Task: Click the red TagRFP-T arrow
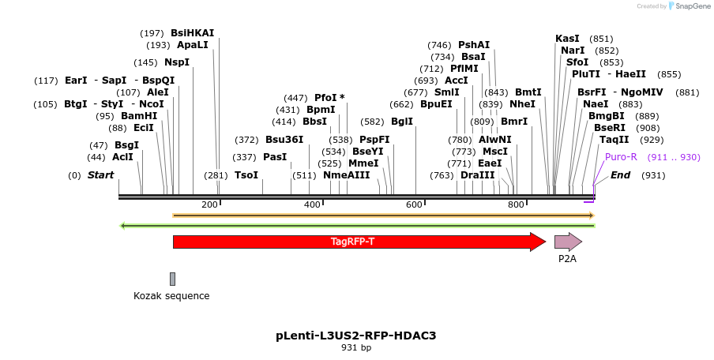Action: tap(355, 242)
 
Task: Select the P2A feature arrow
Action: tap(567, 242)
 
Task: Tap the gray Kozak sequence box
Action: tap(172, 279)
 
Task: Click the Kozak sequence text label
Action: tap(171, 296)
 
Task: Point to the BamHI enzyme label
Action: tap(139, 116)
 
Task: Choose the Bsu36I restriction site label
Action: tap(284, 140)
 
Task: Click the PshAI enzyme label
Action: tap(474, 45)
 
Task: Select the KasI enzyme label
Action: tap(567, 39)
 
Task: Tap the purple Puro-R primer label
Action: tap(621, 157)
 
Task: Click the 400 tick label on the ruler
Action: tap(312, 205)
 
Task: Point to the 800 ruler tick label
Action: tap(516, 205)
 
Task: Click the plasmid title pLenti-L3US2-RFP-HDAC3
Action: tap(355, 336)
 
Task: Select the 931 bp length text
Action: tap(355, 347)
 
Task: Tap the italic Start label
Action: tap(100, 175)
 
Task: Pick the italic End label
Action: tap(620, 175)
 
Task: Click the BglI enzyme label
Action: tap(402, 122)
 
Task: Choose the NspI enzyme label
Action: tap(177, 62)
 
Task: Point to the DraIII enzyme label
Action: tap(478, 175)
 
